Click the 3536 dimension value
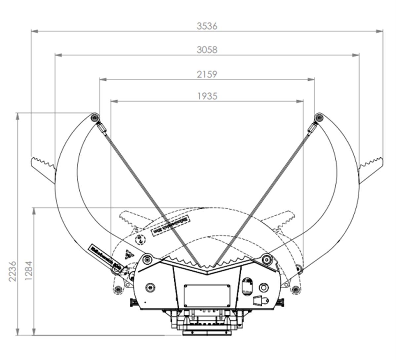coord(207,26)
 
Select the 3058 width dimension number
coord(207,50)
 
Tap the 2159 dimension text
coord(207,74)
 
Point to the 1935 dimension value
coord(207,96)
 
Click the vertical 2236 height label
coord(12,271)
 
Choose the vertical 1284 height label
coord(28,271)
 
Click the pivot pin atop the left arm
coord(95,117)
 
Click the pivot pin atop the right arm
coord(319,117)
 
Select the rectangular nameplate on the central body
coord(207,296)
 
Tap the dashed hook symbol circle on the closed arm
coord(141,239)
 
